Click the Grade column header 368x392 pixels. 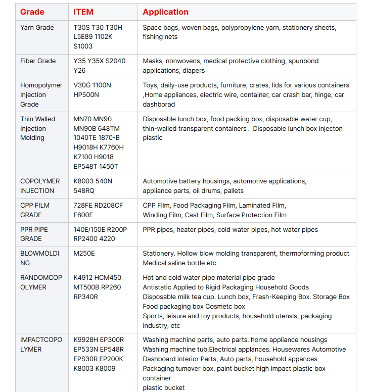point(32,12)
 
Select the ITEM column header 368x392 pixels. point(83,12)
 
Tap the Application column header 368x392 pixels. point(165,12)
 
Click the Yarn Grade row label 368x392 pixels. point(37,27)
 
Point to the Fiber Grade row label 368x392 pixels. point(38,61)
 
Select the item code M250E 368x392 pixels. point(84,253)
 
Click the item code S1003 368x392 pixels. point(83,46)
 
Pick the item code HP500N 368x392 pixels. point(86,94)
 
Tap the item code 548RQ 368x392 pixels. point(84,190)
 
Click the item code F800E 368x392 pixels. point(83,215)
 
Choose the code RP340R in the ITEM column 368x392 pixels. point(86,297)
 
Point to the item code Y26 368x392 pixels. point(80,70)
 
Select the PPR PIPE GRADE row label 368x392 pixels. point(34,234)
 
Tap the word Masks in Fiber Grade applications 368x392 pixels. point(152,61)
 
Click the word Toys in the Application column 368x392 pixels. point(151,85)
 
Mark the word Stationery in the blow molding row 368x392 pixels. point(160,253)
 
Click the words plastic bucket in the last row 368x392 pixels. point(164,387)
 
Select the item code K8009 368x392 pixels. point(105,368)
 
